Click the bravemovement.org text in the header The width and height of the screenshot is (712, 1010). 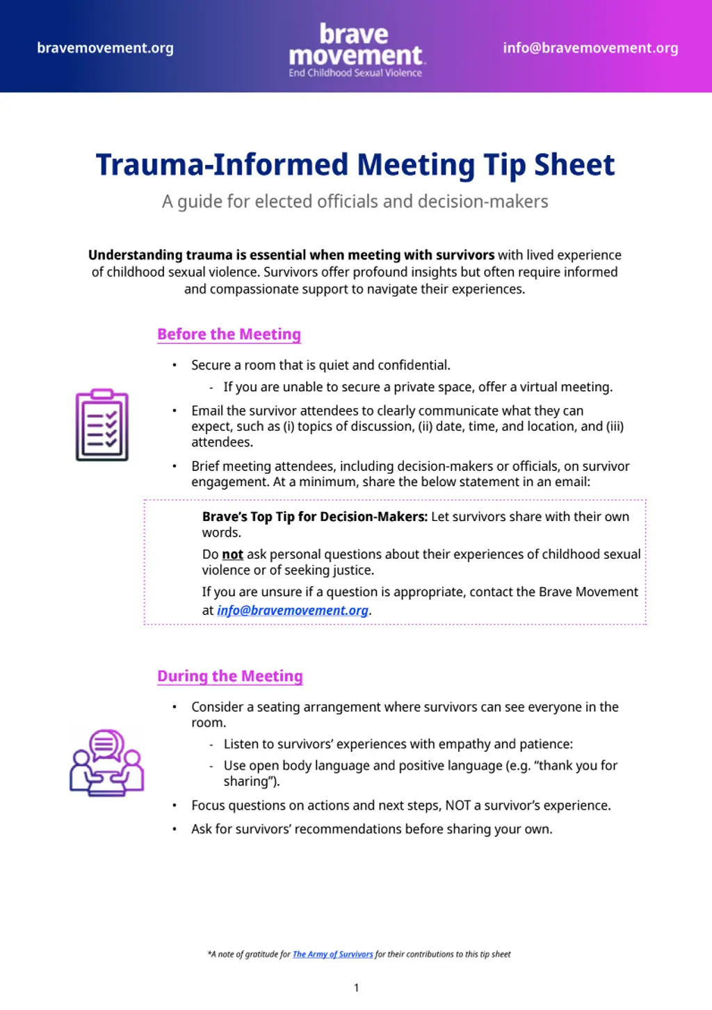pos(105,48)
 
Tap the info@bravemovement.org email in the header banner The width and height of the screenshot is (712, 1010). pos(590,48)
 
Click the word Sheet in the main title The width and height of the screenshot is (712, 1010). pos(574,165)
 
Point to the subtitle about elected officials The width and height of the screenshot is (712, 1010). pos(355,202)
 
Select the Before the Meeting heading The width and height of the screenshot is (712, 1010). pos(229,335)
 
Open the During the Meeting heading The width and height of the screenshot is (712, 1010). pos(230,676)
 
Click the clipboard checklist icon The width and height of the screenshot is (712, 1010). pos(102,425)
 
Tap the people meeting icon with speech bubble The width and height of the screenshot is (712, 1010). pos(106,763)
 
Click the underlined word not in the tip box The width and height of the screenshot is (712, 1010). pos(232,554)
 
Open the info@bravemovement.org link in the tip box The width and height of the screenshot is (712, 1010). pos(293,611)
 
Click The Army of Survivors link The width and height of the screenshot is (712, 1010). pos(332,954)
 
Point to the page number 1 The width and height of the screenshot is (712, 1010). pos(357,988)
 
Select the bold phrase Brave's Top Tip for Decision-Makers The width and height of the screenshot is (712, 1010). pos(314,517)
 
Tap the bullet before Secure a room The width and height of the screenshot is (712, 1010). pos(175,365)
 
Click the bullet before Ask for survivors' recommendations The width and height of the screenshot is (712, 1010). pos(175,829)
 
